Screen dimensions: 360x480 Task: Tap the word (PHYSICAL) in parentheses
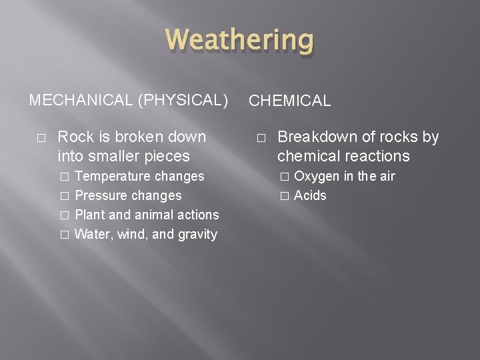click(182, 100)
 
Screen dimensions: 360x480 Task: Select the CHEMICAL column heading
click(289, 101)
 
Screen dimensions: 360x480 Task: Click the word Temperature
click(113, 177)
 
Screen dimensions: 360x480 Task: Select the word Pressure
click(101, 196)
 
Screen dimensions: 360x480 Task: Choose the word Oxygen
click(317, 177)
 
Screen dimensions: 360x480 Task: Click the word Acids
click(310, 196)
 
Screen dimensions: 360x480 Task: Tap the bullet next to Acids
click(284, 196)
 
